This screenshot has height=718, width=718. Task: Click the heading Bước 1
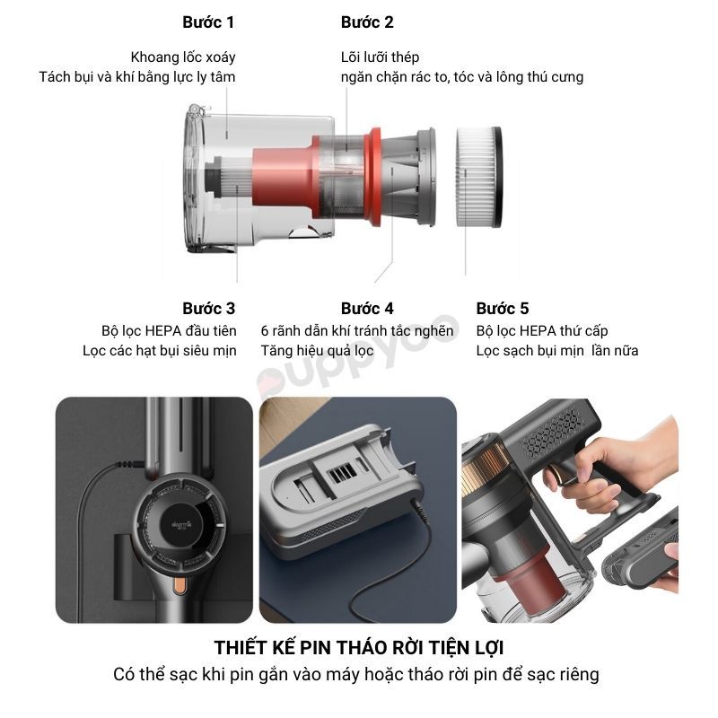pyautogui.click(x=208, y=22)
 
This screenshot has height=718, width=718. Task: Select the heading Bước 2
pyautogui.click(x=367, y=22)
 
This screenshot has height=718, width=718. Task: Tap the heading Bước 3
pyautogui.click(x=209, y=308)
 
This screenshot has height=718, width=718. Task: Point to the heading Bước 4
pyautogui.click(x=367, y=308)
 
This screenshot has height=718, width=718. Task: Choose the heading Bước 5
pyautogui.click(x=503, y=308)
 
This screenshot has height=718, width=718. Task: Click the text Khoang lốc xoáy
pyautogui.click(x=183, y=57)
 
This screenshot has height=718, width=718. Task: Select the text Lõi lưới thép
pyautogui.click(x=380, y=57)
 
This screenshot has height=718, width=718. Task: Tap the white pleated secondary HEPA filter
pyautogui.click(x=479, y=177)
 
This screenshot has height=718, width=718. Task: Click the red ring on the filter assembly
pyautogui.click(x=373, y=177)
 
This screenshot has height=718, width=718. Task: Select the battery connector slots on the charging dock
pyautogui.click(x=343, y=470)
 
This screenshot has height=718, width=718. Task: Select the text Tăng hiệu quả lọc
pyautogui.click(x=317, y=350)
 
